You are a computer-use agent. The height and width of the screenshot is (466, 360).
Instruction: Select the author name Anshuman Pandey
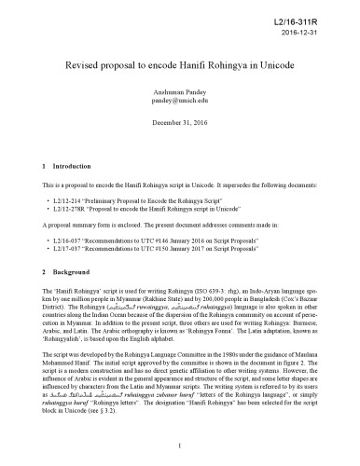pyautogui.click(x=180, y=98)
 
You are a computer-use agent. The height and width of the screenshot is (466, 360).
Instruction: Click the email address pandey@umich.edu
pyautogui.click(x=180, y=107)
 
